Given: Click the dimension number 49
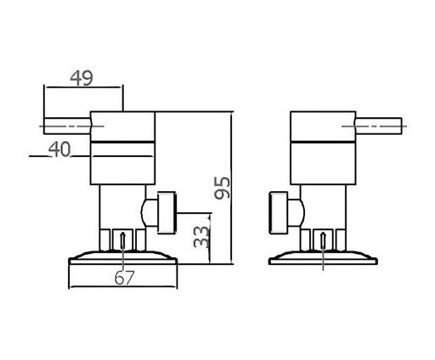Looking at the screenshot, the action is [x=82, y=78].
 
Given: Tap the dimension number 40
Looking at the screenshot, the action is [x=59, y=149].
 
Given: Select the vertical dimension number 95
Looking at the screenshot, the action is [x=223, y=188].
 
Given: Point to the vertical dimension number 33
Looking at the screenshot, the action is [x=201, y=237].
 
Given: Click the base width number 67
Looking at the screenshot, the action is [x=124, y=278].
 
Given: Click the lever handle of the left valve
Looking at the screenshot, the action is [x=67, y=126].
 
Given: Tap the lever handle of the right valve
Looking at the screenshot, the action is [x=378, y=126].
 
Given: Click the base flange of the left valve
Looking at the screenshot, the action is [x=123, y=258].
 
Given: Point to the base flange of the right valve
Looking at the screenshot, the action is [x=323, y=258].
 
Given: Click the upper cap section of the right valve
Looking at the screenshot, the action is [x=323, y=127].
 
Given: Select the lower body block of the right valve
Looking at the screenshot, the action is [x=323, y=163].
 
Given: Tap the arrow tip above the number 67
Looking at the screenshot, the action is [x=122, y=233].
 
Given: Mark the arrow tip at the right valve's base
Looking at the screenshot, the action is [x=324, y=233].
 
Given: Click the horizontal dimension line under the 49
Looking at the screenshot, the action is [x=83, y=87].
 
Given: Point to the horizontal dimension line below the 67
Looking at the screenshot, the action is [x=123, y=287].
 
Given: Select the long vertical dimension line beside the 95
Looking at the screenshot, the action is [x=232, y=188].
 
